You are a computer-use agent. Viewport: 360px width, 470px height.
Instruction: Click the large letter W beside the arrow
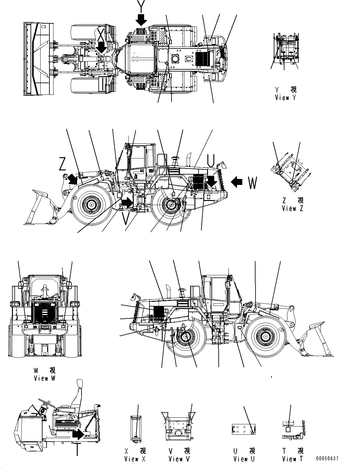pos(252,183)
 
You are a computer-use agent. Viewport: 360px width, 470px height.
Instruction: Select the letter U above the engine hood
pos(211,161)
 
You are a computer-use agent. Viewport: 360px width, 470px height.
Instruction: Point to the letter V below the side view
pos(126,217)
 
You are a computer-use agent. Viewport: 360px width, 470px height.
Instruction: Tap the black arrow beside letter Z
pos(73,180)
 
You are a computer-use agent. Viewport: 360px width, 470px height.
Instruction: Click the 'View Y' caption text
pos(285,98)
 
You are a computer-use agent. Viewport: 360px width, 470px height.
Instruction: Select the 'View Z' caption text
pos(293,208)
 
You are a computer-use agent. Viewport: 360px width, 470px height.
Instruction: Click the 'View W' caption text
pos(45,378)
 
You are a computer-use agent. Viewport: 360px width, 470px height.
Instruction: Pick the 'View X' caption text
pos(135,459)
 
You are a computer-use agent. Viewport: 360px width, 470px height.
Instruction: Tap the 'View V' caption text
pos(179,459)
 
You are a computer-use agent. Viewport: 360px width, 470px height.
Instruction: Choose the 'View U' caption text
pos(244,459)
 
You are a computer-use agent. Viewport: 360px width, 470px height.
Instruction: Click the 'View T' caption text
pos(293,459)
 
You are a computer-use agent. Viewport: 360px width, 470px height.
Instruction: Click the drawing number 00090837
pos(327,459)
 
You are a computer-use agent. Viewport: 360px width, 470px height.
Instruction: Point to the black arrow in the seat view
pos(78,434)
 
